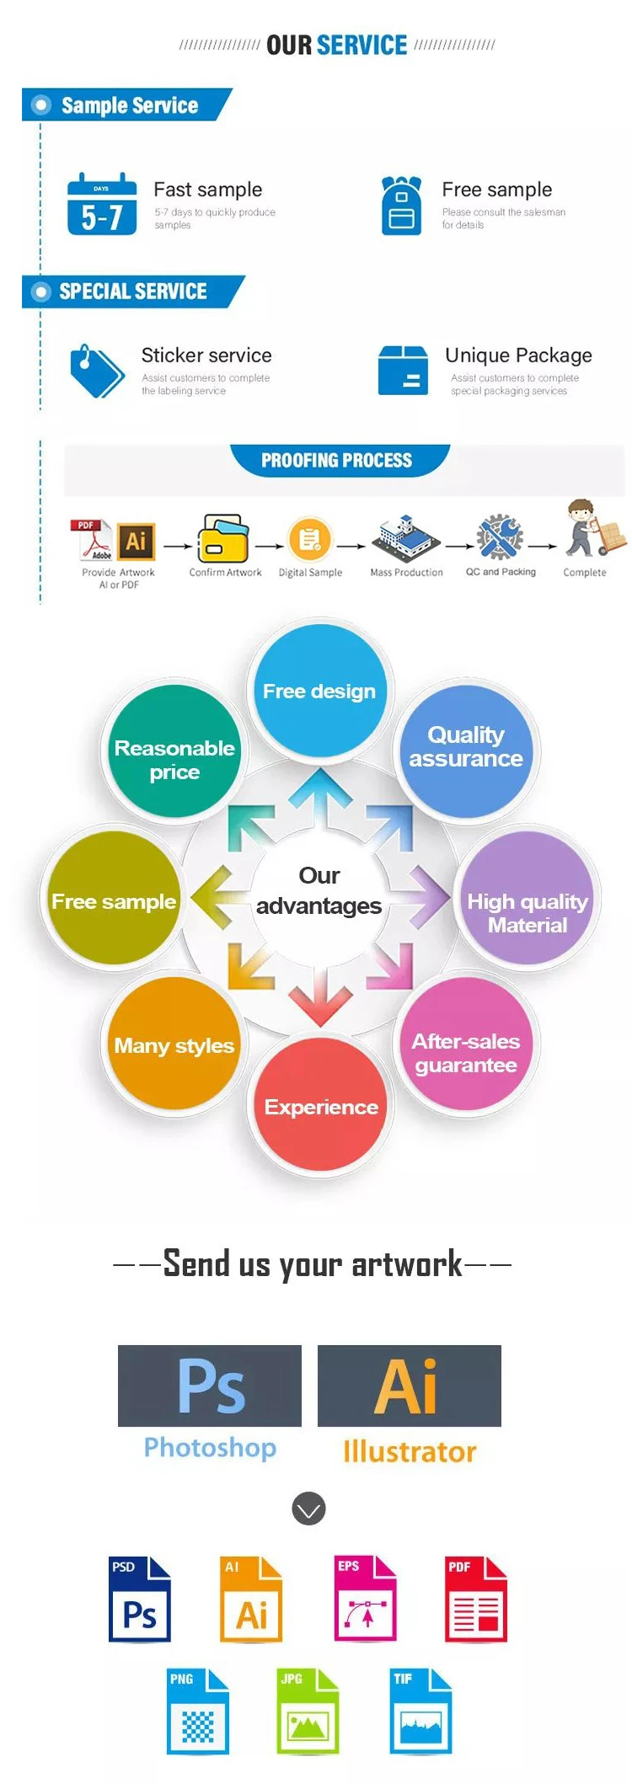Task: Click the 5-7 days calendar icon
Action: tap(102, 204)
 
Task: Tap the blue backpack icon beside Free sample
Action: tap(401, 206)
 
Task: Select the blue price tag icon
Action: tap(96, 371)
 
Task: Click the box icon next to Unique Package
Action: tap(403, 371)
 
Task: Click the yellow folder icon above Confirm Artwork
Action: tap(223, 539)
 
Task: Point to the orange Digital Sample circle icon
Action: tap(310, 540)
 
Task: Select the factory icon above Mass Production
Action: tap(406, 537)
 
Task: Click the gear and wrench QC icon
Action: tap(500, 537)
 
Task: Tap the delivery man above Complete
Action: tap(591, 529)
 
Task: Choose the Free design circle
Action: tap(319, 691)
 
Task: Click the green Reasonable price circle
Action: tap(174, 751)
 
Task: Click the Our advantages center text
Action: tap(319, 891)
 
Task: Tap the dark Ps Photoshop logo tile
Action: tap(210, 1386)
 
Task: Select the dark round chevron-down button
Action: tap(308, 1509)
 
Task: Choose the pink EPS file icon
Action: tap(365, 1598)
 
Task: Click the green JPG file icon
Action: tap(308, 1711)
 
